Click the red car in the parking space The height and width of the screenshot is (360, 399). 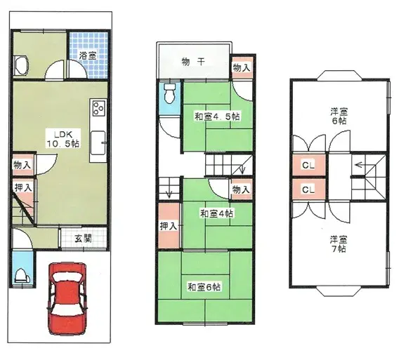click(x=67, y=298)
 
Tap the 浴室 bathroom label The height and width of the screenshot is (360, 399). click(x=87, y=55)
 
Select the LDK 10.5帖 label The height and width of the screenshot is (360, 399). click(x=63, y=139)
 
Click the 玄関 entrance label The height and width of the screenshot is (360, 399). click(x=83, y=239)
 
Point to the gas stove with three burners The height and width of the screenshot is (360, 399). click(x=99, y=108)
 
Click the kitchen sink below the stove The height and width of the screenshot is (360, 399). click(x=98, y=142)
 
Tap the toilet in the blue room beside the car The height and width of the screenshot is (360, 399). click(x=23, y=276)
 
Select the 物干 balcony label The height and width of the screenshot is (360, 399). click(x=193, y=62)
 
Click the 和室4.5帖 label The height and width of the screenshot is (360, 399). click(x=217, y=116)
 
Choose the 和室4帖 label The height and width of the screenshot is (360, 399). click(x=216, y=213)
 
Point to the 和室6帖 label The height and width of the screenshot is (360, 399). click(x=204, y=287)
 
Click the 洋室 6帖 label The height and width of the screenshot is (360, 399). click(x=339, y=116)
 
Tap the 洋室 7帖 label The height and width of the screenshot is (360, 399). click(x=339, y=244)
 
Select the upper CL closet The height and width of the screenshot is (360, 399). click(x=308, y=165)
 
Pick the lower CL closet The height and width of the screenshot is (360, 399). click(x=308, y=189)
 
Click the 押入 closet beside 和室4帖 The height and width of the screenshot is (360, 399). click(x=169, y=225)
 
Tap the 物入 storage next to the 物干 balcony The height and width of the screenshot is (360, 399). click(x=242, y=67)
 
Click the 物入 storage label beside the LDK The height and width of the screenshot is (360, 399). click(x=22, y=165)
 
